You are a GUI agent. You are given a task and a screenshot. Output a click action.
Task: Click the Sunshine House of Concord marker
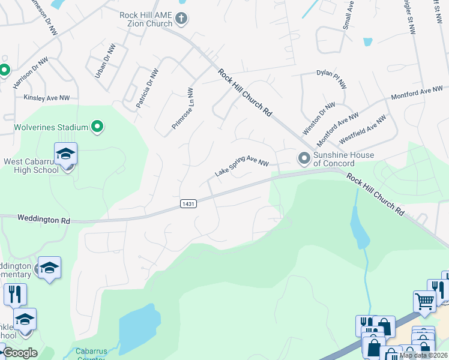pos(304,158)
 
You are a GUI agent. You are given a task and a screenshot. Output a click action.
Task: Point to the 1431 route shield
pos(188,204)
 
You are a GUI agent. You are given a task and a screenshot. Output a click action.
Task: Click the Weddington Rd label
pos(44,220)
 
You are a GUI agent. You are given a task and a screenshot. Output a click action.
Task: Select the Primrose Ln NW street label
pos(182,110)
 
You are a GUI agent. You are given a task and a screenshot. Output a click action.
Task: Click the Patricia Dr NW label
pos(147,88)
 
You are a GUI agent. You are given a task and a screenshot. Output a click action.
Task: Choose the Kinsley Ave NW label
pos(47,97)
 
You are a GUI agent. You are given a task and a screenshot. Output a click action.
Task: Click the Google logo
pos(19,353)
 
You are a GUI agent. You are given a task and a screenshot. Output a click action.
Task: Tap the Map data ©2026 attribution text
pos(424,355)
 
